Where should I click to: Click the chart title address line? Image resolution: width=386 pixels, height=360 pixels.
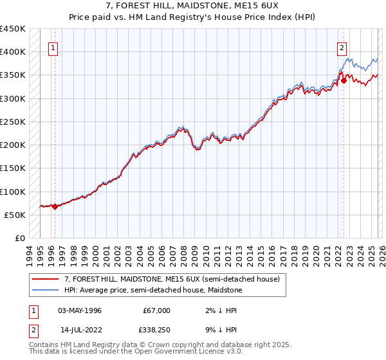pos(193,6)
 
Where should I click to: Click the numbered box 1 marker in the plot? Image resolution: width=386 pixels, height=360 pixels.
pos(52,47)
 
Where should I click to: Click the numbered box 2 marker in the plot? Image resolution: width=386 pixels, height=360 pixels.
pos(341,47)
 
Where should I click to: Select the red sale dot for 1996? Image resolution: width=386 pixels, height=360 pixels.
pos(55,206)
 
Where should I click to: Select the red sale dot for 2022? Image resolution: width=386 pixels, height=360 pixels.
pos(344,80)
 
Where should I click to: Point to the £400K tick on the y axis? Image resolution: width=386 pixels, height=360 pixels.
pos(13,52)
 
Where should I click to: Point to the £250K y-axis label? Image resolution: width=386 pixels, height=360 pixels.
pos(13,122)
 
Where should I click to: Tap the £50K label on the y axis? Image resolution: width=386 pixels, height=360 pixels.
pos(15,215)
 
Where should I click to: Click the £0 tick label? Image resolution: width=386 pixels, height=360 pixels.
pos(21,238)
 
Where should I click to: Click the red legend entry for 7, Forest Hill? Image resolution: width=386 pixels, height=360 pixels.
pos(172,280)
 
